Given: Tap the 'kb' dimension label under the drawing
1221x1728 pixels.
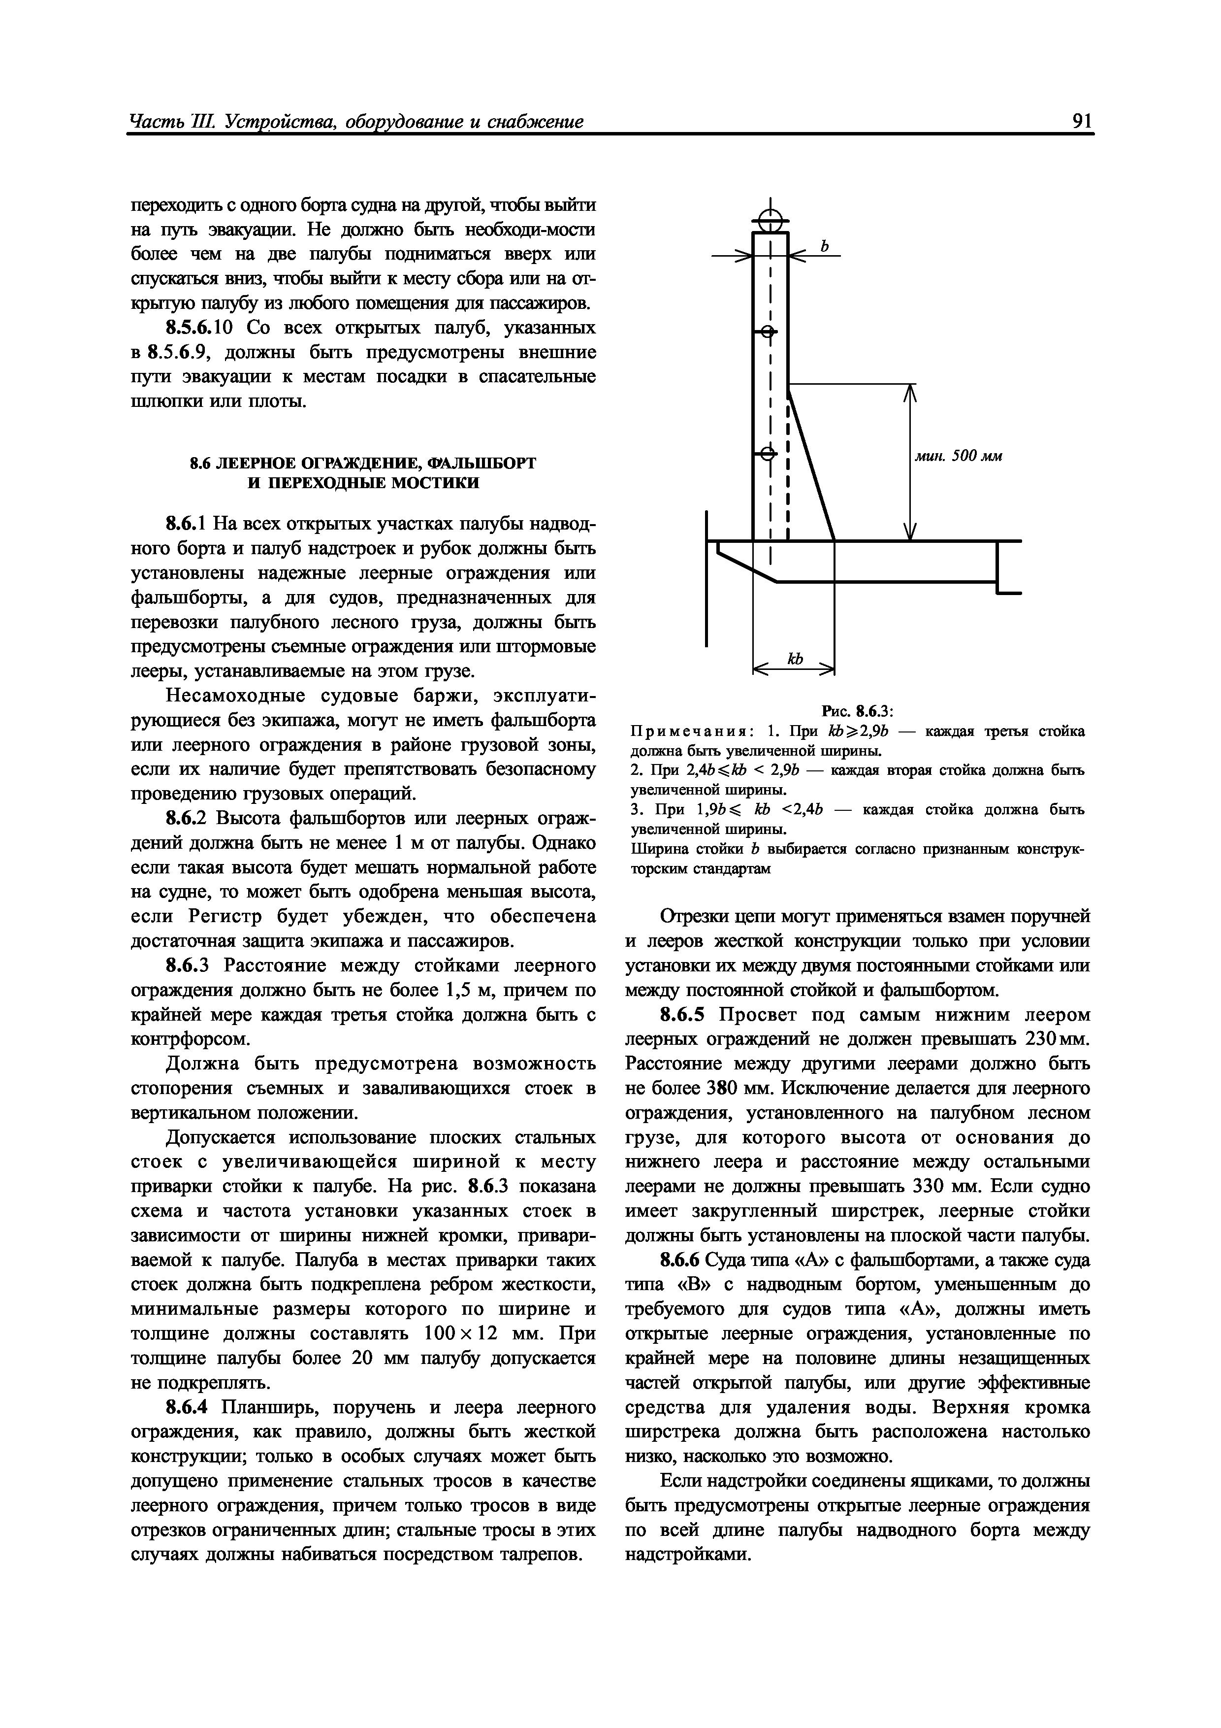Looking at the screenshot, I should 795,659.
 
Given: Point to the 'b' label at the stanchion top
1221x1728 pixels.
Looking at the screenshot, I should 824,246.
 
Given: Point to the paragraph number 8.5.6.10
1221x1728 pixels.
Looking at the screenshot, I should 200,328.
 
